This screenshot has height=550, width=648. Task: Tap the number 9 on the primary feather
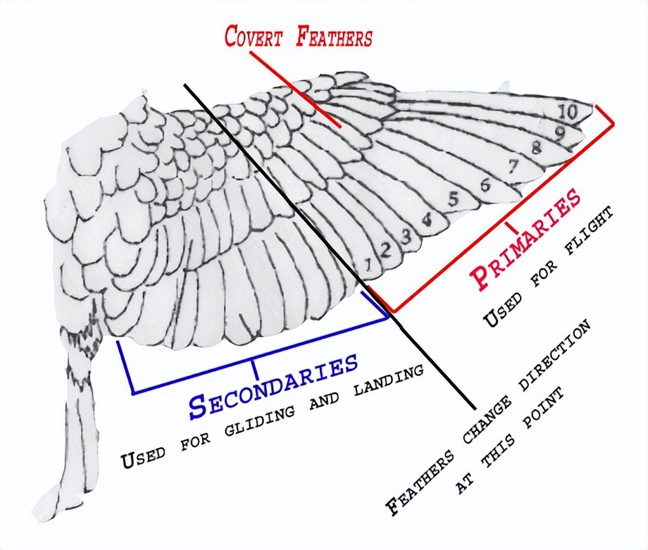coord(560,132)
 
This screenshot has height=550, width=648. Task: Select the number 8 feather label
coord(537,148)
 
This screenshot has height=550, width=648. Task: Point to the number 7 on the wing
coord(513,167)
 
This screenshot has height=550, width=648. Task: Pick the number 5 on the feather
coord(454,200)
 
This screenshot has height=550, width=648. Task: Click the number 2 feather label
coord(385,250)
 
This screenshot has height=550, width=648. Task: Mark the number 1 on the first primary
coord(368,265)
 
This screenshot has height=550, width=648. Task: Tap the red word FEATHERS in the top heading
coord(334,37)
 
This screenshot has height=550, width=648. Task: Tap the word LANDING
coord(389,383)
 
